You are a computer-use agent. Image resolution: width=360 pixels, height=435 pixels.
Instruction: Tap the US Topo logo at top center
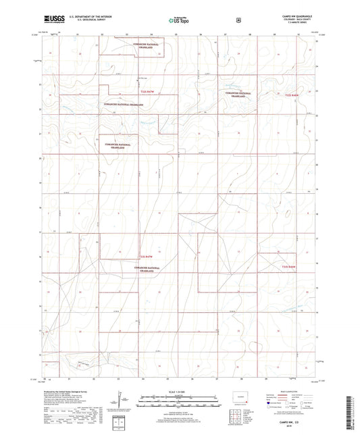tap(178, 20)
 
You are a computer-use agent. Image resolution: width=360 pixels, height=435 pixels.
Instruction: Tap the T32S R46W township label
tap(290, 96)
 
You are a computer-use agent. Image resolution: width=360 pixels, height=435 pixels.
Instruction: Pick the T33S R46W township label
tap(290, 266)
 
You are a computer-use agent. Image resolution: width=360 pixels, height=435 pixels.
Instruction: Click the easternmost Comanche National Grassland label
tap(242, 95)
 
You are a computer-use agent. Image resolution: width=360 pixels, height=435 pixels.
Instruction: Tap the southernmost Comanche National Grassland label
tap(149, 269)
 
